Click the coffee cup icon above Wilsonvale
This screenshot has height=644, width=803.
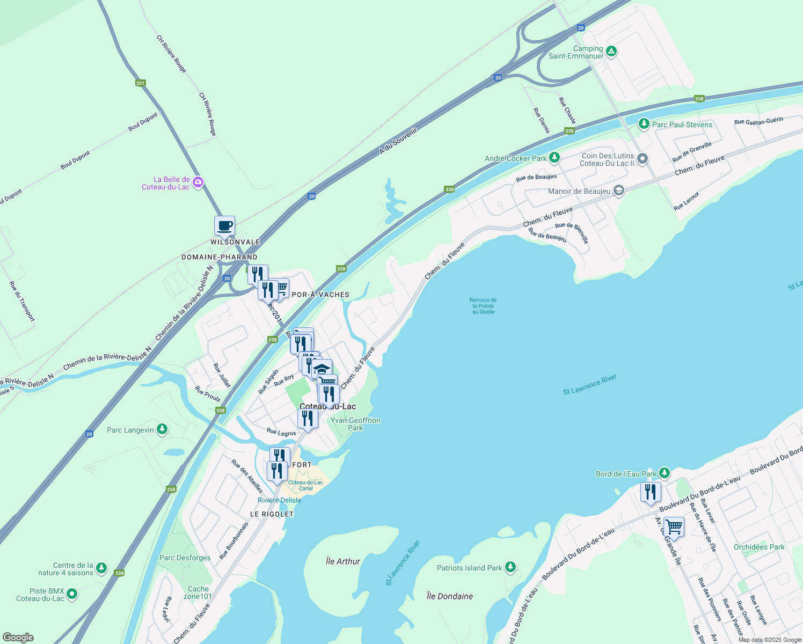pos(224,226)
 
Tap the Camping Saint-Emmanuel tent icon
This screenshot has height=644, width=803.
pos(611,52)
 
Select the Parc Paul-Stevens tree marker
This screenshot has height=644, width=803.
pos(644,124)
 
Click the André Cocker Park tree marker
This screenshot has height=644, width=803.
pos(554,158)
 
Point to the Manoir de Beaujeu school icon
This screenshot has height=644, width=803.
pos(618,191)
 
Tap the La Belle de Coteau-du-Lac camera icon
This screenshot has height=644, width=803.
pos(198,182)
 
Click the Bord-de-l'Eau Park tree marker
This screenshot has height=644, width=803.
pos(665,473)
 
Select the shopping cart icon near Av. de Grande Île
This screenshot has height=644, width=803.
pos(674,528)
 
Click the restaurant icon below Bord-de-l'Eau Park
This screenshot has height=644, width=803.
pos(650,492)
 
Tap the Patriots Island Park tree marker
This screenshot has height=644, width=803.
pos(510,567)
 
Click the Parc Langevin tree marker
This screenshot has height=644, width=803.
pos(162,429)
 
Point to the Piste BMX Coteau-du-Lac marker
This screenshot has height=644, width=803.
pos(72,594)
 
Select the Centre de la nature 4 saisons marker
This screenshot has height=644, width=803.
pos(101,568)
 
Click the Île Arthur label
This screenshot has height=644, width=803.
pos(343,561)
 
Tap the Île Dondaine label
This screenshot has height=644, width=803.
pos(450,596)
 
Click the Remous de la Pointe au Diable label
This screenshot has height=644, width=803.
pos(483,306)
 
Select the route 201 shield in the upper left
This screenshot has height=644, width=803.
pos(140,83)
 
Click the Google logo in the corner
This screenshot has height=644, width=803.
pos(18,638)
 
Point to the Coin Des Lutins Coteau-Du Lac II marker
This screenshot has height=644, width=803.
pos(642,159)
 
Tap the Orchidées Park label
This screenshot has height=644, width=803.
pos(759,547)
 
